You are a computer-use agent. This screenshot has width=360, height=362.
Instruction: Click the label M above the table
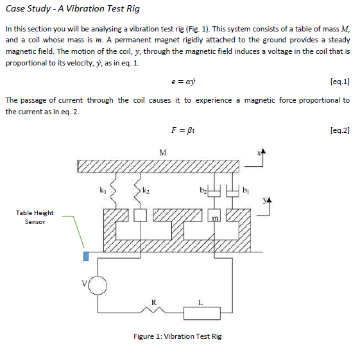pos(162,152)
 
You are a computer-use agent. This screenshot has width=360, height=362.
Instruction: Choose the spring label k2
pos(146,190)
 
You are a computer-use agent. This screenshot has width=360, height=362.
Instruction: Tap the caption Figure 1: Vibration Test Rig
pos(177,336)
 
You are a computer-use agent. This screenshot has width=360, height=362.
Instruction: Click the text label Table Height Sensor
pos(35,217)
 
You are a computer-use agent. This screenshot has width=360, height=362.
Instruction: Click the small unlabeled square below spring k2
pos(141,216)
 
